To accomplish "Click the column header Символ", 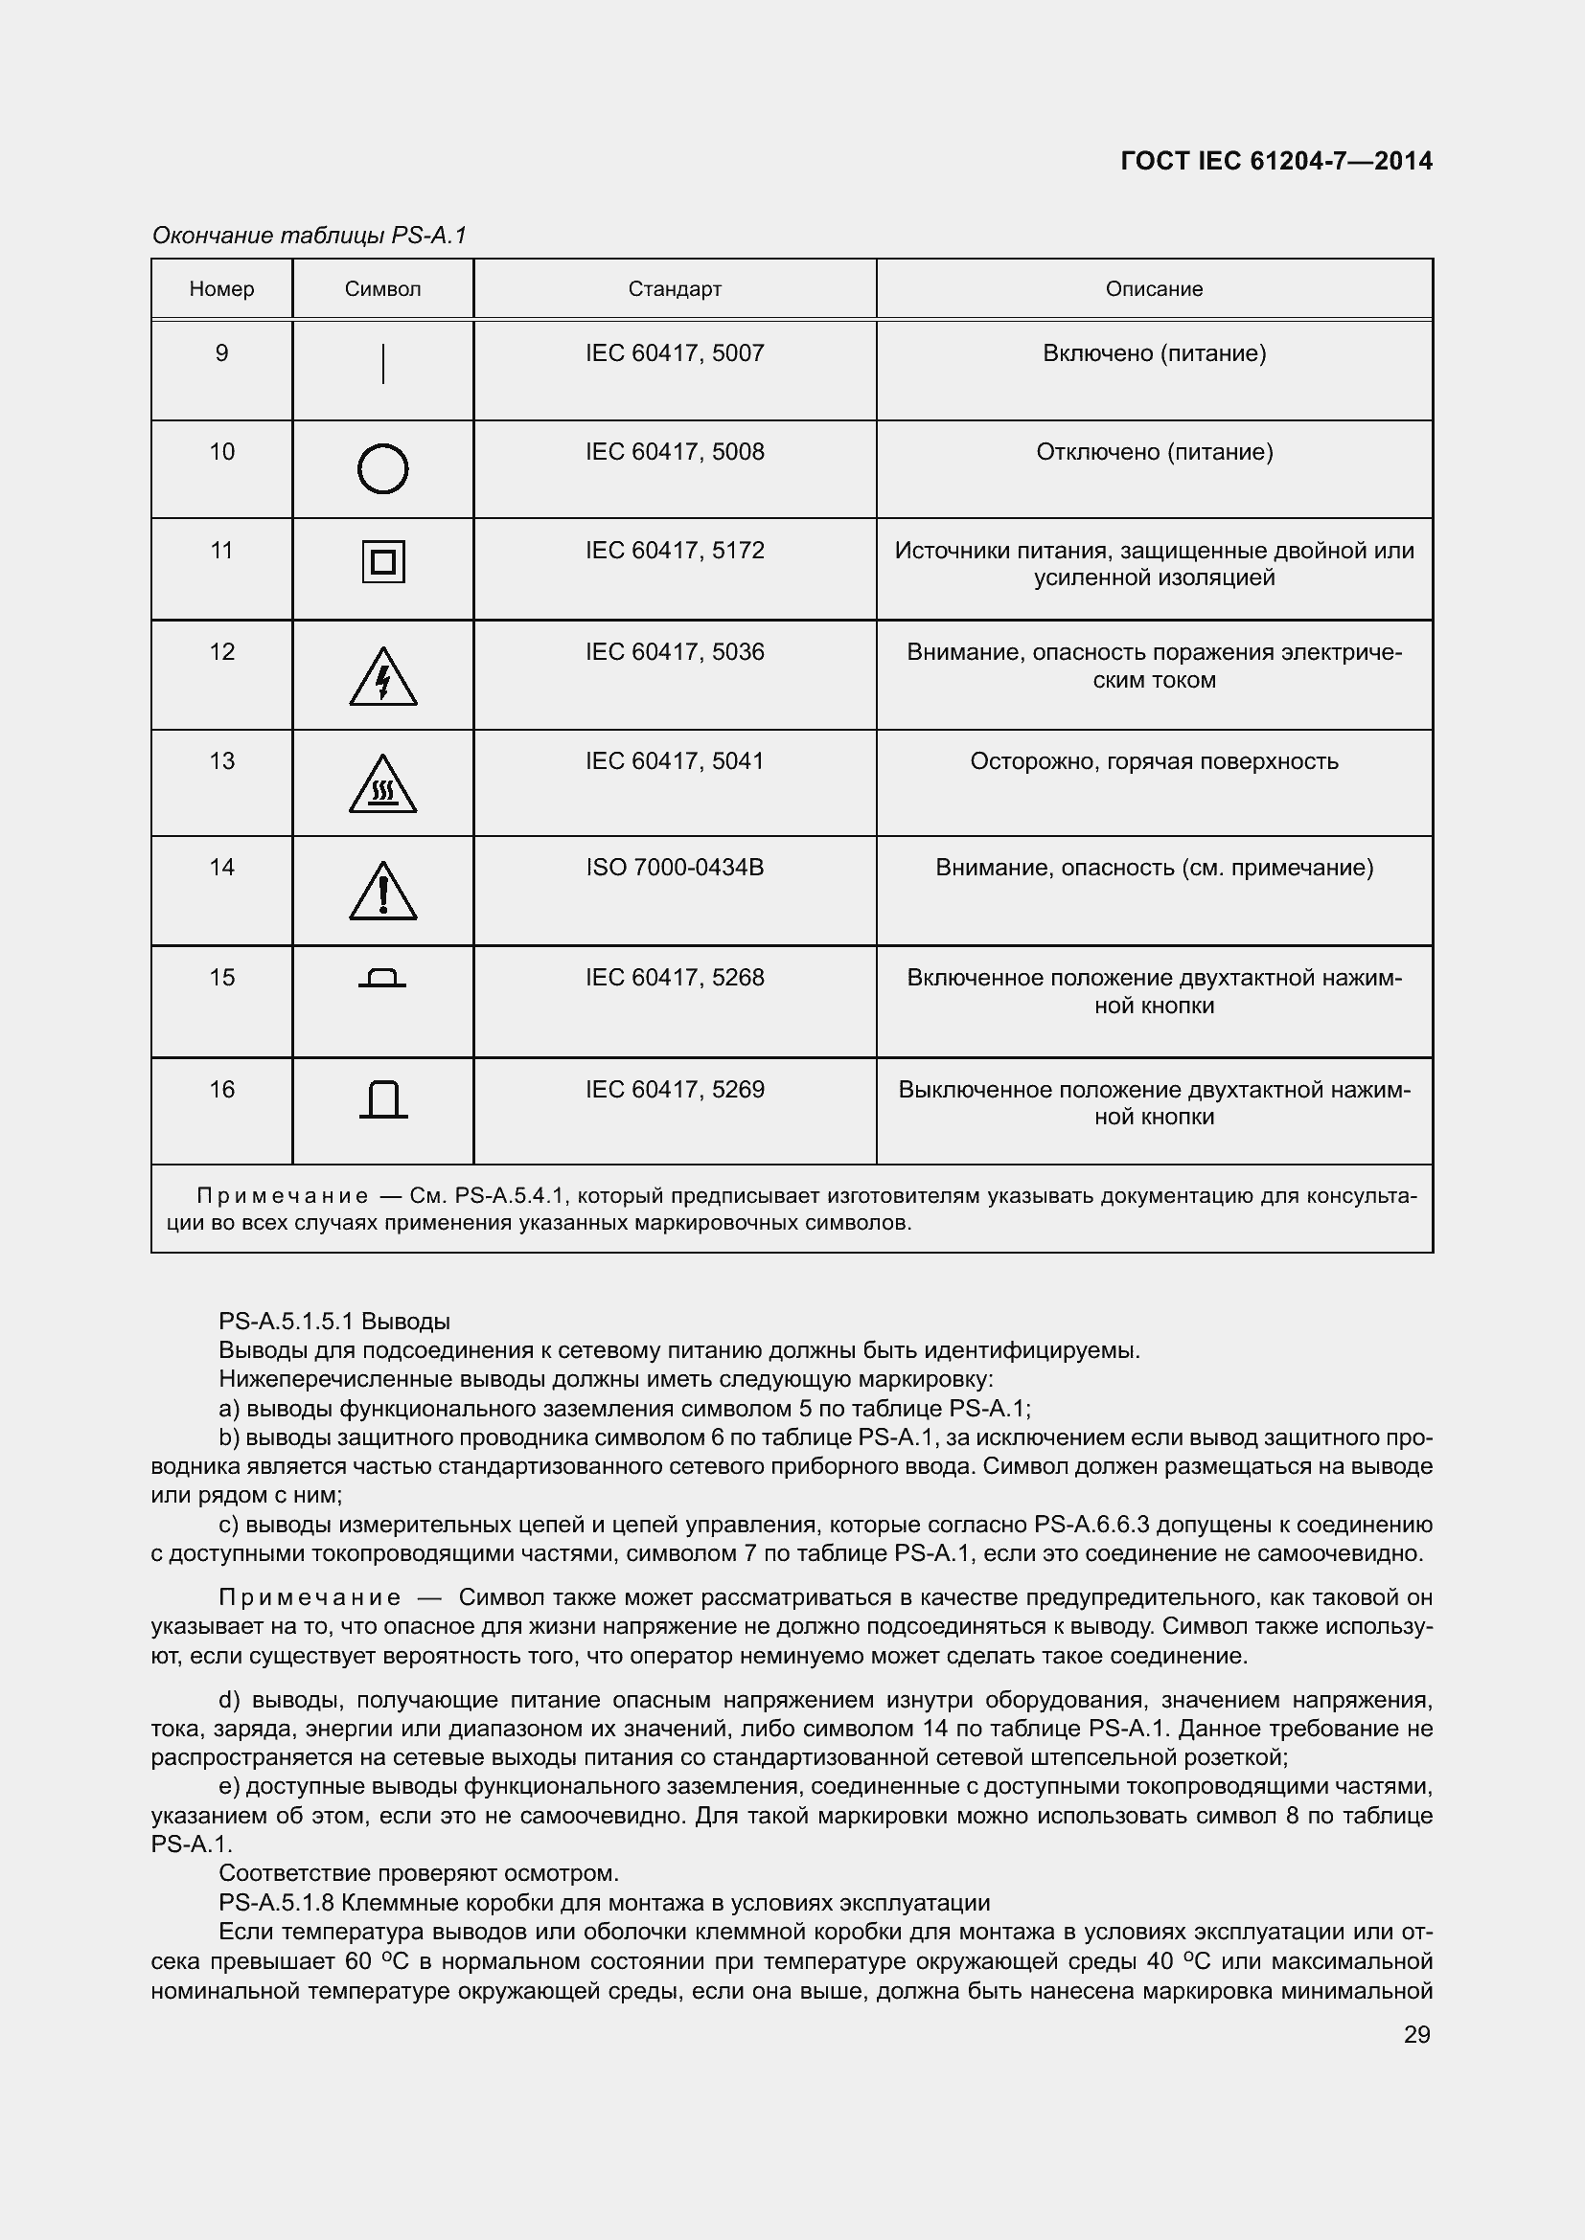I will [x=382, y=289].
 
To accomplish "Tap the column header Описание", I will [x=1154, y=289].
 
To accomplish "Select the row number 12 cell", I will [x=221, y=652].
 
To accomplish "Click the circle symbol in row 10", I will [x=382, y=469].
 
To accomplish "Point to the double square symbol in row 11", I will [x=382, y=562].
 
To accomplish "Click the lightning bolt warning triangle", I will [x=382, y=678].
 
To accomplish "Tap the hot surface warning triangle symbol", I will [x=382, y=785].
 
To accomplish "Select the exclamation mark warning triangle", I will [x=382, y=892].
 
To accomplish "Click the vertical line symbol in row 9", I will [x=382, y=364].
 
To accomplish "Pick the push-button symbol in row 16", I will [x=382, y=1099].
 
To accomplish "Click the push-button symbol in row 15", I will [x=382, y=978].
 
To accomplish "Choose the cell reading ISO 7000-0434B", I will [x=675, y=868].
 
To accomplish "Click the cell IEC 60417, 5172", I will [x=675, y=551].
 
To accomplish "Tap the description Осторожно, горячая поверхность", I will [x=1154, y=761].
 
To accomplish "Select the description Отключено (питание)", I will [x=1154, y=452].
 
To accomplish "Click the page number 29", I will [x=1416, y=2034].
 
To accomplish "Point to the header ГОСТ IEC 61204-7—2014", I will [x=1275, y=161].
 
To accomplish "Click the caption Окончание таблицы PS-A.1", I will [x=310, y=236].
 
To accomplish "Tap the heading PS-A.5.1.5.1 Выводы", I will [x=333, y=1321].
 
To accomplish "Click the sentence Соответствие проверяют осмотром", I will [x=419, y=1873].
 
